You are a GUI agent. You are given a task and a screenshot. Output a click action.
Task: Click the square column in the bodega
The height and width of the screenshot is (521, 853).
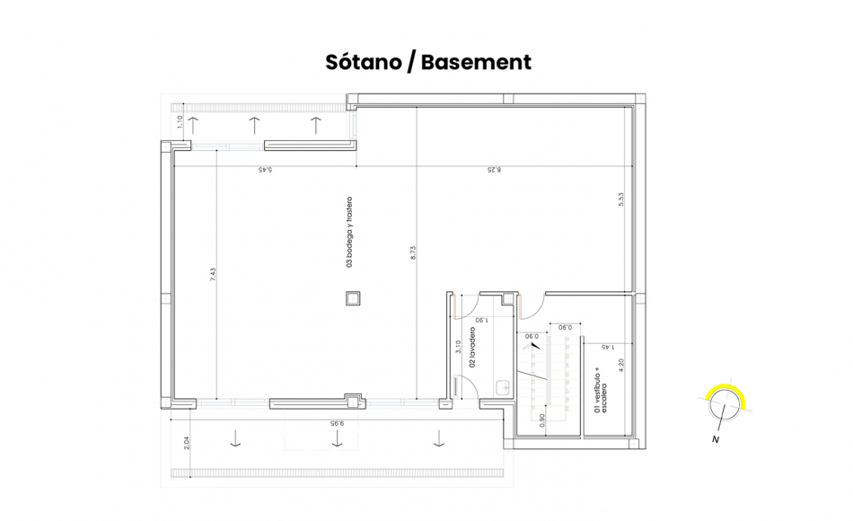coord(354,298)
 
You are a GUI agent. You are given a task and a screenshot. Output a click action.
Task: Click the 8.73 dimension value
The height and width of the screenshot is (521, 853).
coord(413,254)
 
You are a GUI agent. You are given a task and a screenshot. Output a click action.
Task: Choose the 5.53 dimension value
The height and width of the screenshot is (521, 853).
coord(620,202)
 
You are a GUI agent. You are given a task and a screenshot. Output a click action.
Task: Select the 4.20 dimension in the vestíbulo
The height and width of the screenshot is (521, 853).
coord(620,366)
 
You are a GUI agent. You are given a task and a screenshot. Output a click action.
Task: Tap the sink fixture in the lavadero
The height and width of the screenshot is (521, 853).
coord(502,388)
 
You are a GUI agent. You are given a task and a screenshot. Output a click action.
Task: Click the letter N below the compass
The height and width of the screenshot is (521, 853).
coord(716,439)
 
